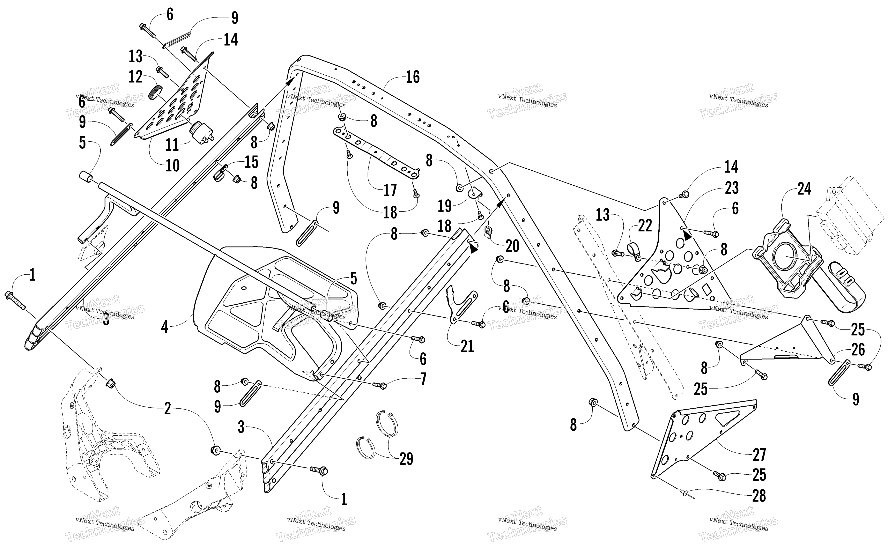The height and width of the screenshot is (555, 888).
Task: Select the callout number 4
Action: tap(165, 326)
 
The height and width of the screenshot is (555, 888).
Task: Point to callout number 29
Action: tap(406, 459)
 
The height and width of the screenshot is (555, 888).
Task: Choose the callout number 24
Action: tap(804, 189)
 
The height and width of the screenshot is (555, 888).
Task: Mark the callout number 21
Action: tap(467, 346)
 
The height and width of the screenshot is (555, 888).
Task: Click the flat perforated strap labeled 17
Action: tap(376, 152)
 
